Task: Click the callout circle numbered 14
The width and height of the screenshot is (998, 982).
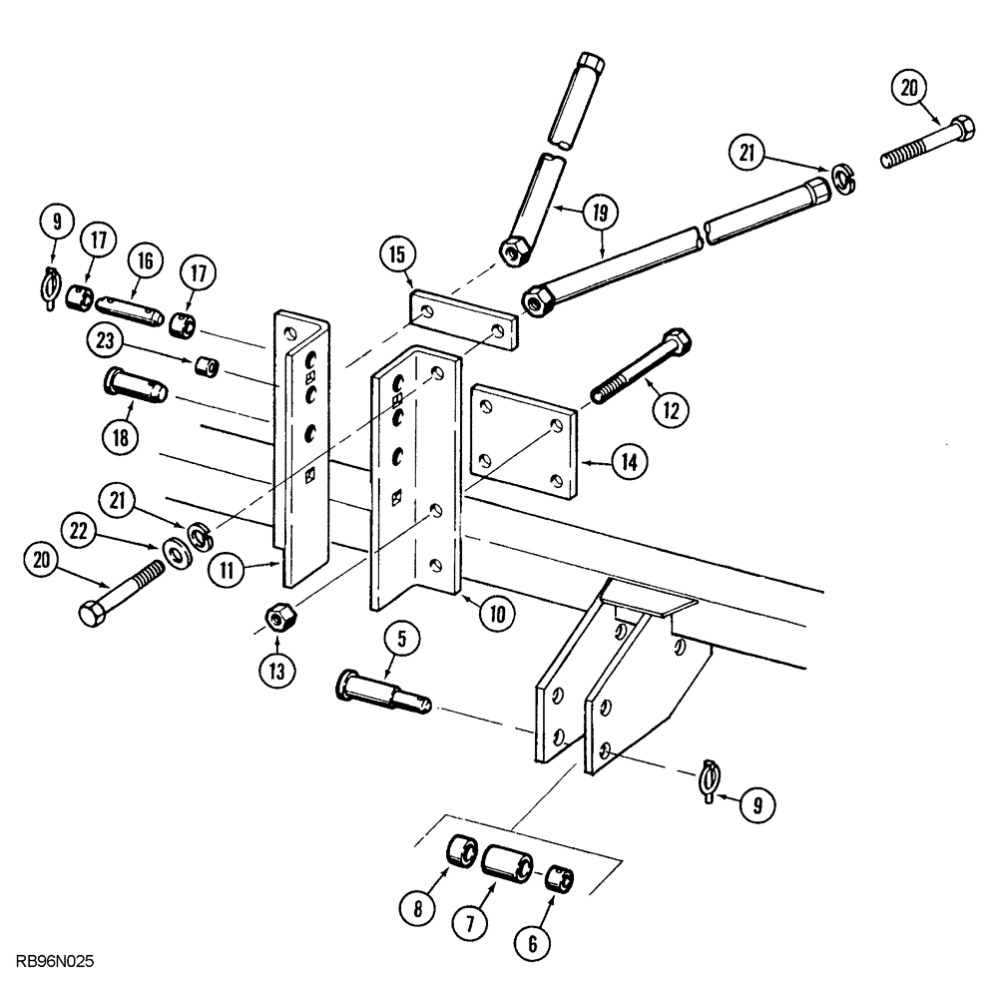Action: coord(630,462)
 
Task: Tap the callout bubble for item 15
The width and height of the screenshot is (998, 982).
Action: coord(396,256)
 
